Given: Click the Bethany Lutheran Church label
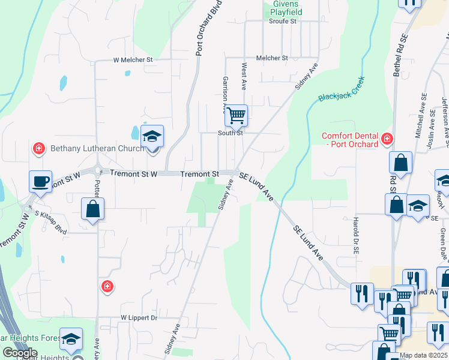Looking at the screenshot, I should click(x=97, y=148).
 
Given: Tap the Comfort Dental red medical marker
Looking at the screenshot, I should click(x=387, y=139).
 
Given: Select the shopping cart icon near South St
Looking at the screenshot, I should click(x=236, y=115).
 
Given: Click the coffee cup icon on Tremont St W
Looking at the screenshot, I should click(x=40, y=181).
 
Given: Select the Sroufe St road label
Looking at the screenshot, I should click(x=283, y=21).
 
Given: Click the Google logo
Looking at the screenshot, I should click(x=19, y=353).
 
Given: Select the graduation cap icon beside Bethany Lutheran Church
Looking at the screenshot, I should click(x=152, y=136).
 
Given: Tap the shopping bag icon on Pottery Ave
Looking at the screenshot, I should click(x=93, y=209).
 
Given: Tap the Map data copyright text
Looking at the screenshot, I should click(x=424, y=355).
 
